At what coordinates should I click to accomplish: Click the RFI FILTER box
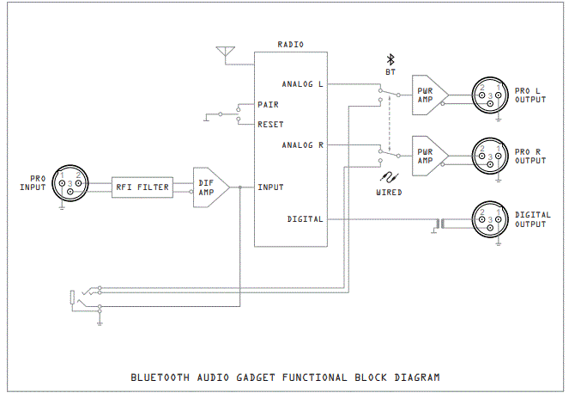pos(142,187)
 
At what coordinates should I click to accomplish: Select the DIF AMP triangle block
pos(209,187)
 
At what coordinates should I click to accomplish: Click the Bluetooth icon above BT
pos(389,59)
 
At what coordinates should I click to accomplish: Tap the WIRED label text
pos(389,193)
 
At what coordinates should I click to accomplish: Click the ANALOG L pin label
pos(302,84)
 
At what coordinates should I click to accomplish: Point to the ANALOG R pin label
pos(302,145)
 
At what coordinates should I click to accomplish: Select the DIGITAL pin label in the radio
pos(306,219)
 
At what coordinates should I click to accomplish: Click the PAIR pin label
pos(268,104)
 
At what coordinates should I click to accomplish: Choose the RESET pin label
pos(270,124)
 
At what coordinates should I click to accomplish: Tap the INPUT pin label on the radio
pos(270,187)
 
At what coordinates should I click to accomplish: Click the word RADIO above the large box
pos(291,44)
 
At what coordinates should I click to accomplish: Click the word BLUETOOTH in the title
pos(160,377)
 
